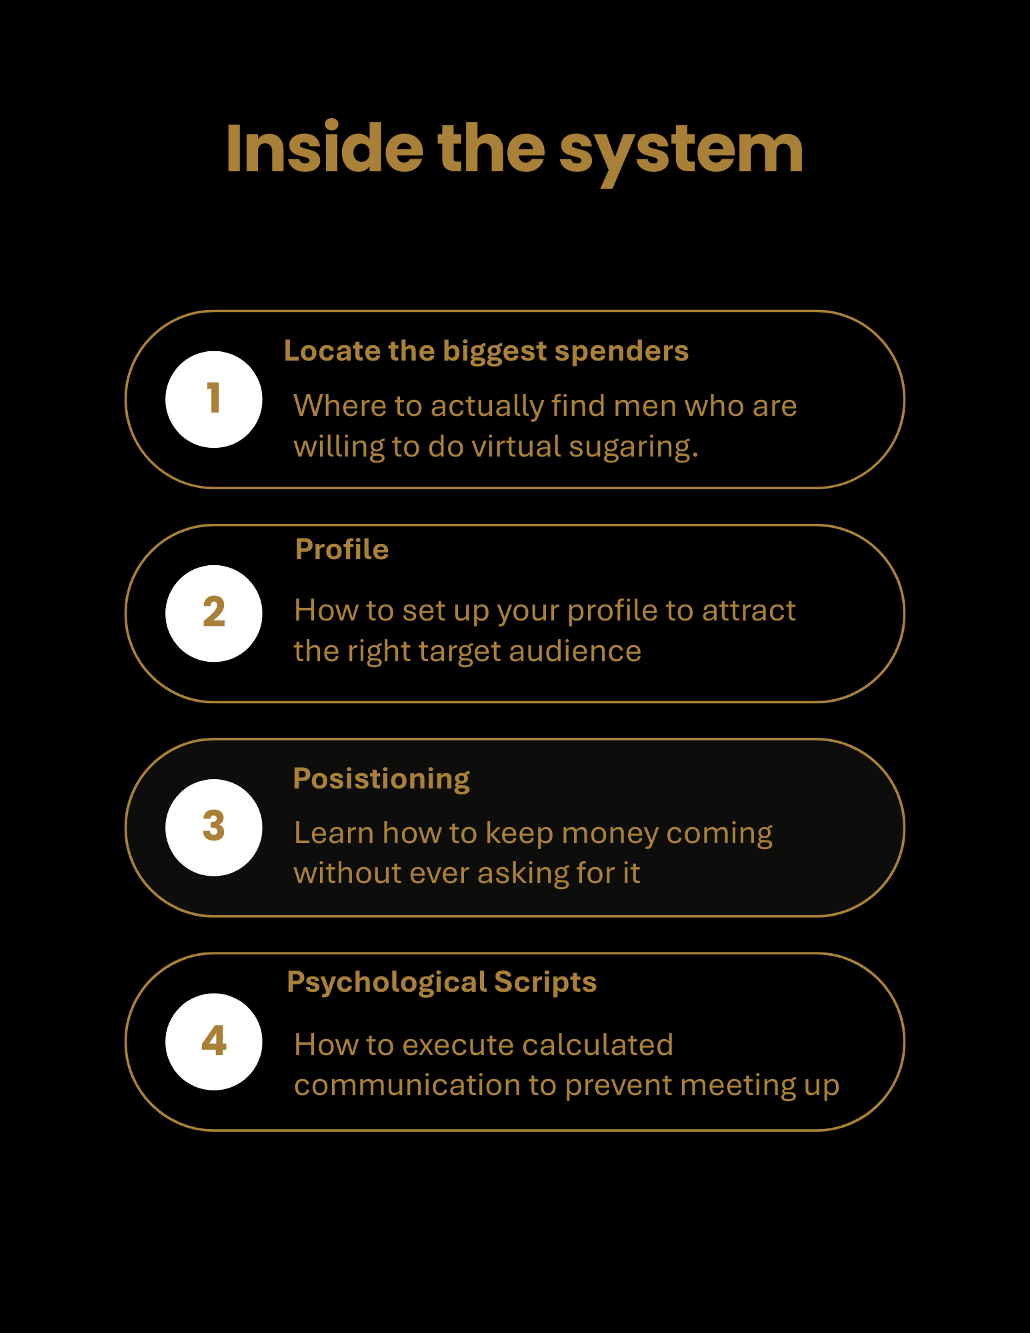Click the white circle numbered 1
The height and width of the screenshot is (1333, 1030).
tap(214, 399)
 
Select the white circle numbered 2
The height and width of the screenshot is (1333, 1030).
tap(214, 613)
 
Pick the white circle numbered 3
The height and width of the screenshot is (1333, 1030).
tap(214, 827)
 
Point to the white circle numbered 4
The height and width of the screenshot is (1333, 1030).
tap(214, 1042)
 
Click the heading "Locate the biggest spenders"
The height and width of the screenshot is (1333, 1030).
tap(486, 351)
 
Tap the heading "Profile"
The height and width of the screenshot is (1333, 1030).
tap(342, 550)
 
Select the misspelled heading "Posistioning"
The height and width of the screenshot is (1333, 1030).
tap(381, 779)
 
